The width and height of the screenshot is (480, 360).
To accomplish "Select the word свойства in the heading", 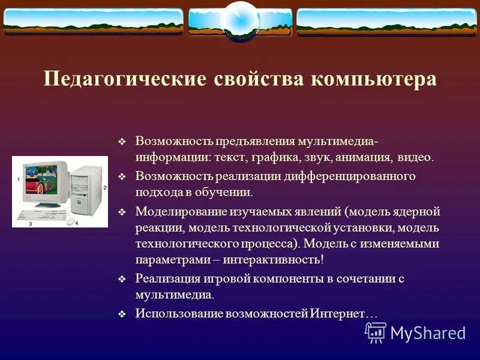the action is [x=259, y=79].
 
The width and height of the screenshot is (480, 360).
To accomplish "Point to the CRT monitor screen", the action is [x=40, y=180].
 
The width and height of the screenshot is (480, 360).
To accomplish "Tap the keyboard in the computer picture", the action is [x=42, y=215].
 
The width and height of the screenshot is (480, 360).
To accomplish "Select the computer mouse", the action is [x=70, y=221].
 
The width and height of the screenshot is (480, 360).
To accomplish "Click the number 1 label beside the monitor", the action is [x=19, y=179].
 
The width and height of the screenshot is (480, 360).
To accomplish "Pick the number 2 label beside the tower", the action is [x=104, y=188].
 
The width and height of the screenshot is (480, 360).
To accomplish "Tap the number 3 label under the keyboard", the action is [x=31, y=224].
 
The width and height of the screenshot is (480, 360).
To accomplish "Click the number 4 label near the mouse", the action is [x=77, y=223].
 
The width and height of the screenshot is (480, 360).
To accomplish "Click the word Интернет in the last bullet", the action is [x=337, y=313].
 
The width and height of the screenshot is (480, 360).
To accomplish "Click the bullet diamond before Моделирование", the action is [x=122, y=212].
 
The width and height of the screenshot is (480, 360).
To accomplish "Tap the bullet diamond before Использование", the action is [x=122, y=314].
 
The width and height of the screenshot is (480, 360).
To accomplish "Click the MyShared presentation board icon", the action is [x=376, y=332].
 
